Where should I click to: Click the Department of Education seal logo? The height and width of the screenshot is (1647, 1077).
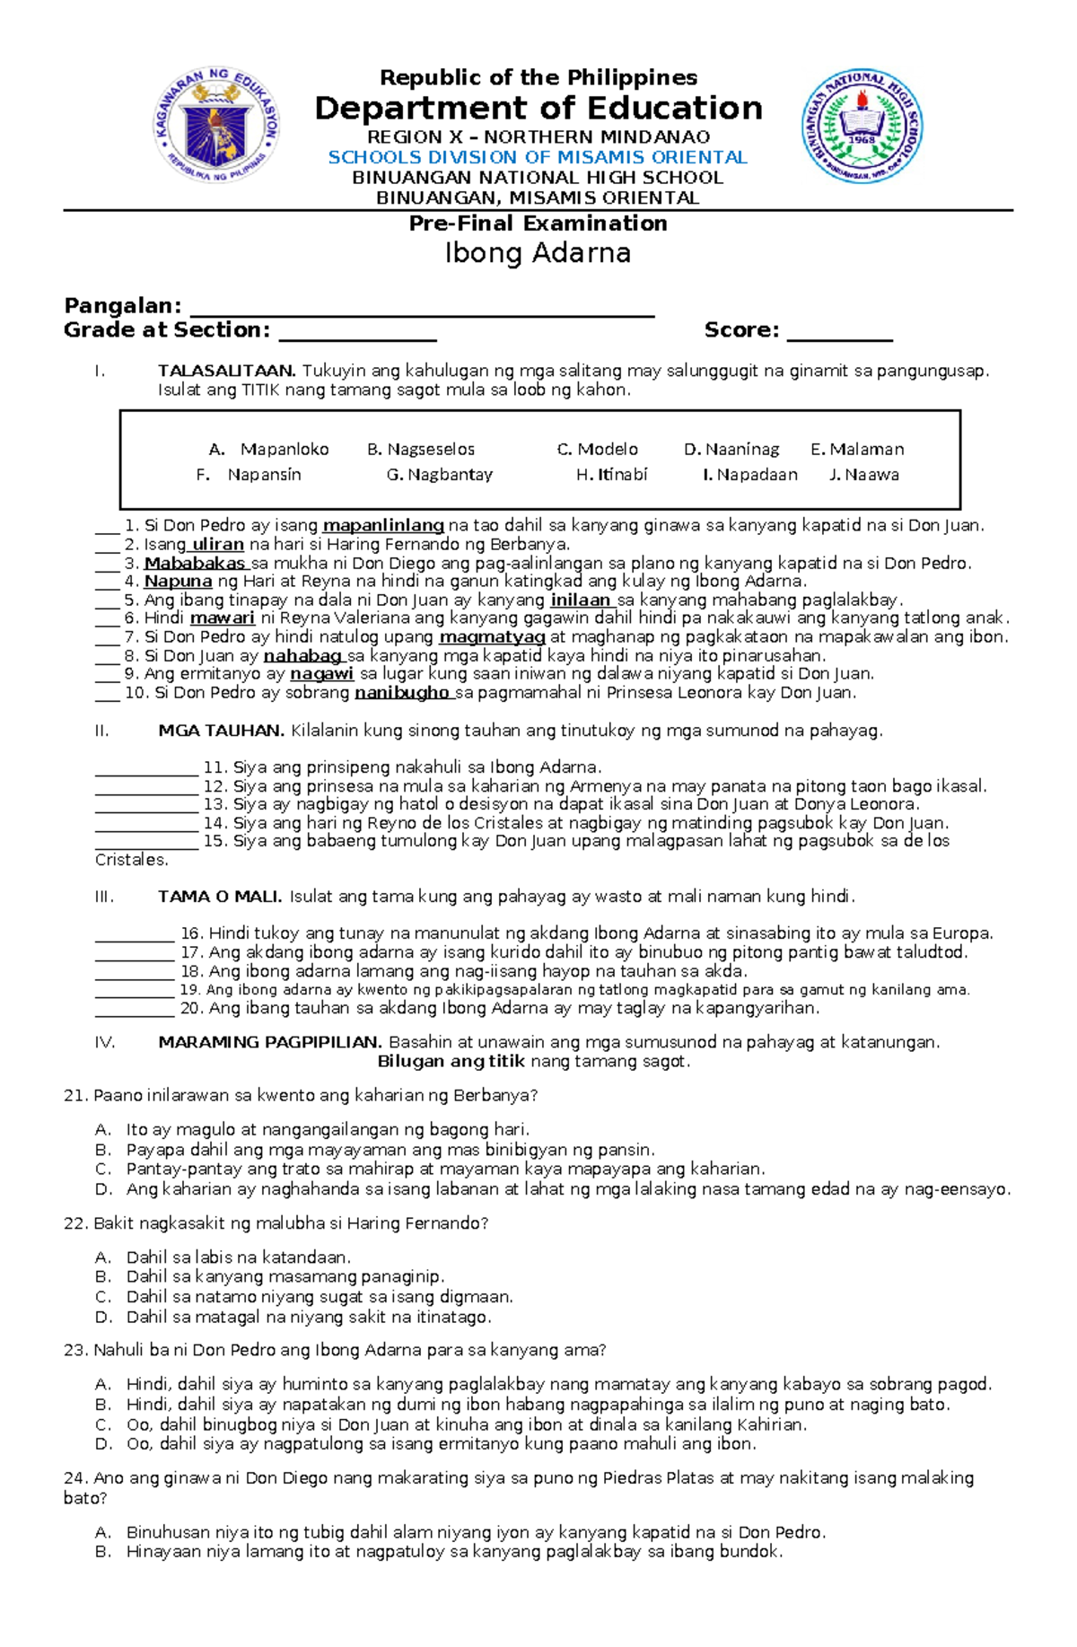pyautogui.click(x=216, y=126)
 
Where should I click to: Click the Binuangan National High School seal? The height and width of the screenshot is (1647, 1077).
pyautogui.click(x=862, y=127)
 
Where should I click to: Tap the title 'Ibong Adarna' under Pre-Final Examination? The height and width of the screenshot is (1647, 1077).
pyautogui.click(x=538, y=253)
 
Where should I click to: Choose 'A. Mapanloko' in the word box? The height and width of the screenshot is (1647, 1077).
pyautogui.click(x=268, y=449)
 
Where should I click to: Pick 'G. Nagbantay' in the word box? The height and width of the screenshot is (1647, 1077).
pyautogui.click(x=439, y=475)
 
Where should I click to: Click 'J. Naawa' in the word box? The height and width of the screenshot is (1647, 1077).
pyautogui.click(x=863, y=475)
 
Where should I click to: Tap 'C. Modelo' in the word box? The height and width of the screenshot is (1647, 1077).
pyautogui.click(x=597, y=449)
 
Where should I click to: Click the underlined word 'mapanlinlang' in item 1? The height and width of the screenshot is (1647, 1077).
pyautogui.click(x=383, y=526)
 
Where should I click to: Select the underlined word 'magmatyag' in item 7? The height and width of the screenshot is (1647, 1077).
pyautogui.click(x=492, y=637)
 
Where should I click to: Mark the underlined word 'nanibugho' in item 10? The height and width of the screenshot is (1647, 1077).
pyautogui.click(x=402, y=693)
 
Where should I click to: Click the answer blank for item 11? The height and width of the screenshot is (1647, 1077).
pyautogui.click(x=146, y=771)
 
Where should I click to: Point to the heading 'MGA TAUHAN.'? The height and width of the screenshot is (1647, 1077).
pyautogui.click(x=221, y=731)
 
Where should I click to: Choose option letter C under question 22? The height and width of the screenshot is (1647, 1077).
pyautogui.click(x=102, y=1297)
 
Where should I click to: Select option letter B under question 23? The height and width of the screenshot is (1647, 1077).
pyautogui.click(x=102, y=1405)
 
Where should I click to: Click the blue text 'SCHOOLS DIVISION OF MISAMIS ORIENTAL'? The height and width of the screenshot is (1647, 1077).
pyautogui.click(x=538, y=157)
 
